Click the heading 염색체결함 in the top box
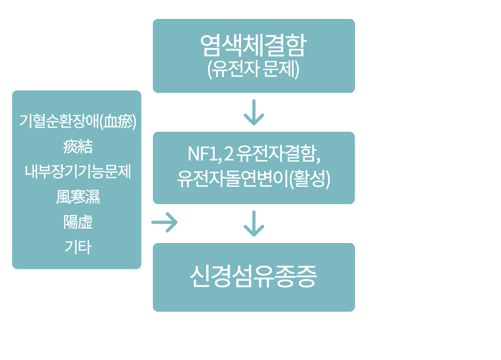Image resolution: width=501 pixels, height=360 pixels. click(x=253, y=46)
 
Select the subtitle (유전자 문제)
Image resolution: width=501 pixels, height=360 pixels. click(x=253, y=69)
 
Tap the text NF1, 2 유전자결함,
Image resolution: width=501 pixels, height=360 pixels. click(x=253, y=154)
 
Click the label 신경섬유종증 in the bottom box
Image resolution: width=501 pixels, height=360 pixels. click(x=253, y=277)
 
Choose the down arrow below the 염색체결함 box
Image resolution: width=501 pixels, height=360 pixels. click(x=254, y=112)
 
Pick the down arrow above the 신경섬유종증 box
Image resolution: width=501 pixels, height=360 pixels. click(x=254, y=224)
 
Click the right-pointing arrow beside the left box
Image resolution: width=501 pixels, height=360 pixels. click(x=164, y=223)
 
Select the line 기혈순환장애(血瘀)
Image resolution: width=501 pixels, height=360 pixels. click(x=77, y=121)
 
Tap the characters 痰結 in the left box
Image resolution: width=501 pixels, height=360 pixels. click(x=77, y=146)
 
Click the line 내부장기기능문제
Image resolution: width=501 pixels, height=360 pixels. click(x=77, y=172)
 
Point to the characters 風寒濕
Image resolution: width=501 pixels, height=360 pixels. click(x=77, y=197)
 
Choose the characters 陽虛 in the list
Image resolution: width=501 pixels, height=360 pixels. click(x=77, y=222)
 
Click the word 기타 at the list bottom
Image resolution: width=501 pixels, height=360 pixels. click(x=77, y=247)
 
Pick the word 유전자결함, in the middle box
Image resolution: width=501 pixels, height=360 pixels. click(x=278, y=154)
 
